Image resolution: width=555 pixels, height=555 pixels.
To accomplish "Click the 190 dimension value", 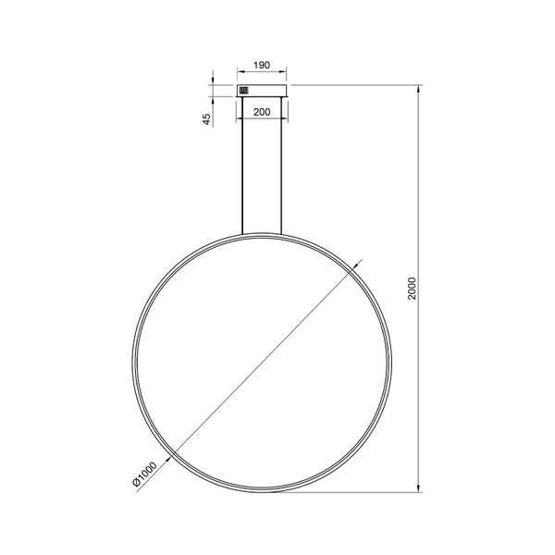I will [261, 66].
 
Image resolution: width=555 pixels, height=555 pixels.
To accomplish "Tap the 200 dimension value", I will [261, 111].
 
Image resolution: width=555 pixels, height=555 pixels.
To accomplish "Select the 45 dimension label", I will [207, 117].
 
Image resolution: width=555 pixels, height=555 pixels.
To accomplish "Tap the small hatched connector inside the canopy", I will [244, 91].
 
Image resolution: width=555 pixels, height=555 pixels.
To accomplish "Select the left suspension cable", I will [242, 166].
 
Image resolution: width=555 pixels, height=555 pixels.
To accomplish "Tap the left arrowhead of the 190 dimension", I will [240, 74].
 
